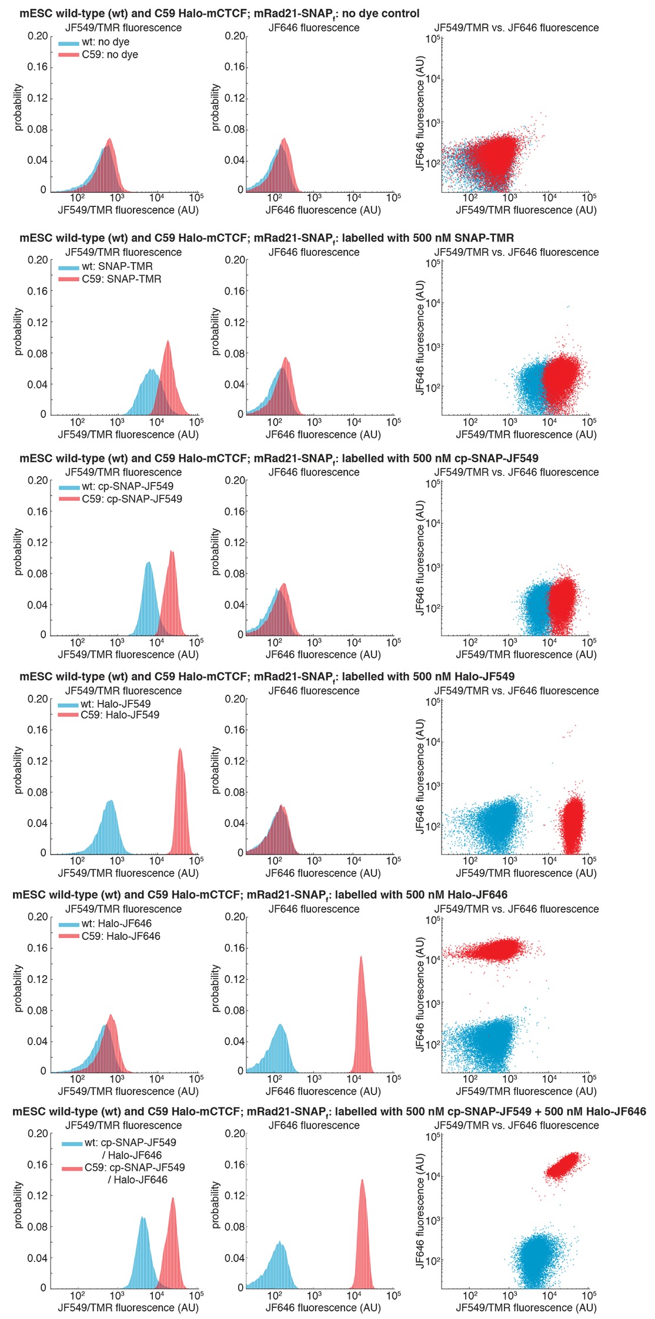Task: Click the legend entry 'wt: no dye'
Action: (105, 42)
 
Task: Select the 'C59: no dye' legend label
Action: (110, 55)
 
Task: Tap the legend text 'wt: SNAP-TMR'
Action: (117, 266)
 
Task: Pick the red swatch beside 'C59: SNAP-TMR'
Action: (69, 279)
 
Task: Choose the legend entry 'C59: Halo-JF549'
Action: (120, 715)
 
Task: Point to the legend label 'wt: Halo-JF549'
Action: (115, 704)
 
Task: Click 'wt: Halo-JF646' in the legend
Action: (116, 923)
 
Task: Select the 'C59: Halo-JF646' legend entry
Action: (121, 936)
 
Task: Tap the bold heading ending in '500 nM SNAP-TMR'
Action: (266, 238)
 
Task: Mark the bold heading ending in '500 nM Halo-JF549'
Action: (267, 677)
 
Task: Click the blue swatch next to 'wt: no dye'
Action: (69, 43)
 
